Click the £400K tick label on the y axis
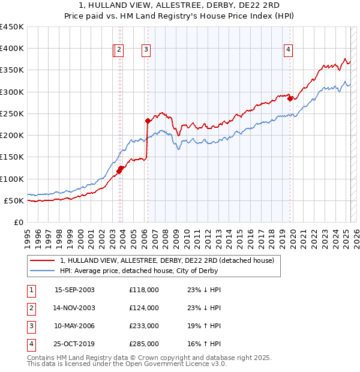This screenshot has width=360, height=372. (x=12, y=49)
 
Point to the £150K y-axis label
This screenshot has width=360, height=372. (x=12, y=157)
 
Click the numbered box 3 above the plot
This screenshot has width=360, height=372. (x=146, y=50)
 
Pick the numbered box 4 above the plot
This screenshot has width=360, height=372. (x=289, y=50)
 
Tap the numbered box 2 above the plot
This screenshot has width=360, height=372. (x=119, y=50)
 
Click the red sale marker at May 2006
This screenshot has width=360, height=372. (x=148, y=121)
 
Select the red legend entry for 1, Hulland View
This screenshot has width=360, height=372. (x=167, y=260)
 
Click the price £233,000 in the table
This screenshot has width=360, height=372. (x=143, y=326)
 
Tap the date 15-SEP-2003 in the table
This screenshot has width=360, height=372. (x=74, y=290)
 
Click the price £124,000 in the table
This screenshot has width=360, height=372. (x=143, y=308)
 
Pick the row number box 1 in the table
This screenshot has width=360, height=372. (x=30, y=290)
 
